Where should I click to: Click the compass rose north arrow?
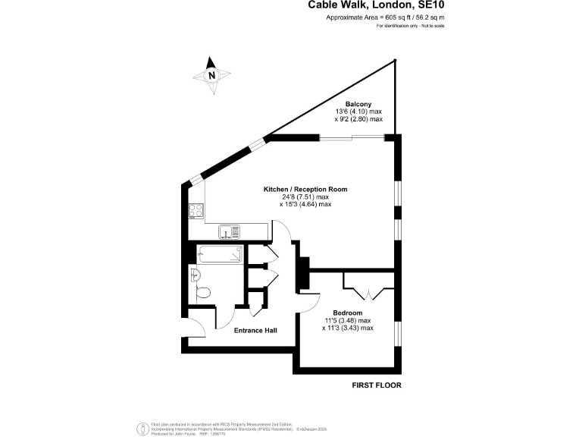tap(212, 74)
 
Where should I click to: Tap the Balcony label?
tap(358, 103)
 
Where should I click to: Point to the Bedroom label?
tap(348, 313)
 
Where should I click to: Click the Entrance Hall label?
tap(255, 330)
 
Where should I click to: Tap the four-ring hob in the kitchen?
tap(196, 211)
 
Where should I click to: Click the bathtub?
tap(220, 254)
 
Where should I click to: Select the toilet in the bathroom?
tap(202, 292)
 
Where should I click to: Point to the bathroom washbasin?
tap(194, 275)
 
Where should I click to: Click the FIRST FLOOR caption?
tap(377, 385)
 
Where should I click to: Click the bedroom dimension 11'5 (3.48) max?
tap(348, 320)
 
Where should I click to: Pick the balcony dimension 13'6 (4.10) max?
tap(358, 112)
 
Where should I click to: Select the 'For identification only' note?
tap(410, 26)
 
